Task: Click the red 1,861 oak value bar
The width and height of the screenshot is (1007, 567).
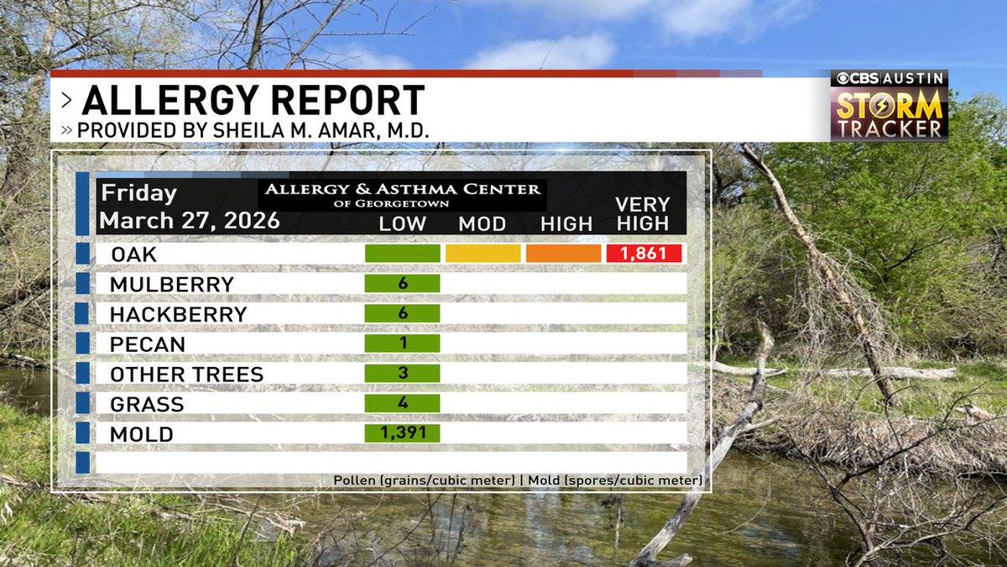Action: [643, 254]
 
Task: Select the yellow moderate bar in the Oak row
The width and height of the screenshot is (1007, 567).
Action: [483, 254]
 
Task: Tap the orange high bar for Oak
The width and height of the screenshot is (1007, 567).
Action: [563, 254]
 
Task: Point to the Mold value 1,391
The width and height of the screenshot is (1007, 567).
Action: [403, 433]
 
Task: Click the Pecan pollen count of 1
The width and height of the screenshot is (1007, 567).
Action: [403, 344]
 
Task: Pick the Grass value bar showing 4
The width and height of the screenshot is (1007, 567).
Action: [403, 404]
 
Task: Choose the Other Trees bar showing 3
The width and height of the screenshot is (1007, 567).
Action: [403, 374]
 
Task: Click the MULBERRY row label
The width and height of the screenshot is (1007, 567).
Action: [171, 284]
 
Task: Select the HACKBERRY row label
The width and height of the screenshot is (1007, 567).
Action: [178, 314]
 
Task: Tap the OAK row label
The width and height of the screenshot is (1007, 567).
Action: [133, 254]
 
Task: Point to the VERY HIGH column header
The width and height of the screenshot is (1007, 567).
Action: [643, 214]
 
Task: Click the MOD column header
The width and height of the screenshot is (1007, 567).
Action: [482, 224]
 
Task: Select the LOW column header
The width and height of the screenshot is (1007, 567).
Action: [403, 224]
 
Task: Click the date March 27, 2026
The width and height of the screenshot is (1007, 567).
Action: [189, 222]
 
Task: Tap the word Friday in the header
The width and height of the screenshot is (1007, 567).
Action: [138, 193]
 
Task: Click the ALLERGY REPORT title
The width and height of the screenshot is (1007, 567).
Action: [253, 102]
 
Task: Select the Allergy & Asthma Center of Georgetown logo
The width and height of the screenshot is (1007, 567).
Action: [402, 194]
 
